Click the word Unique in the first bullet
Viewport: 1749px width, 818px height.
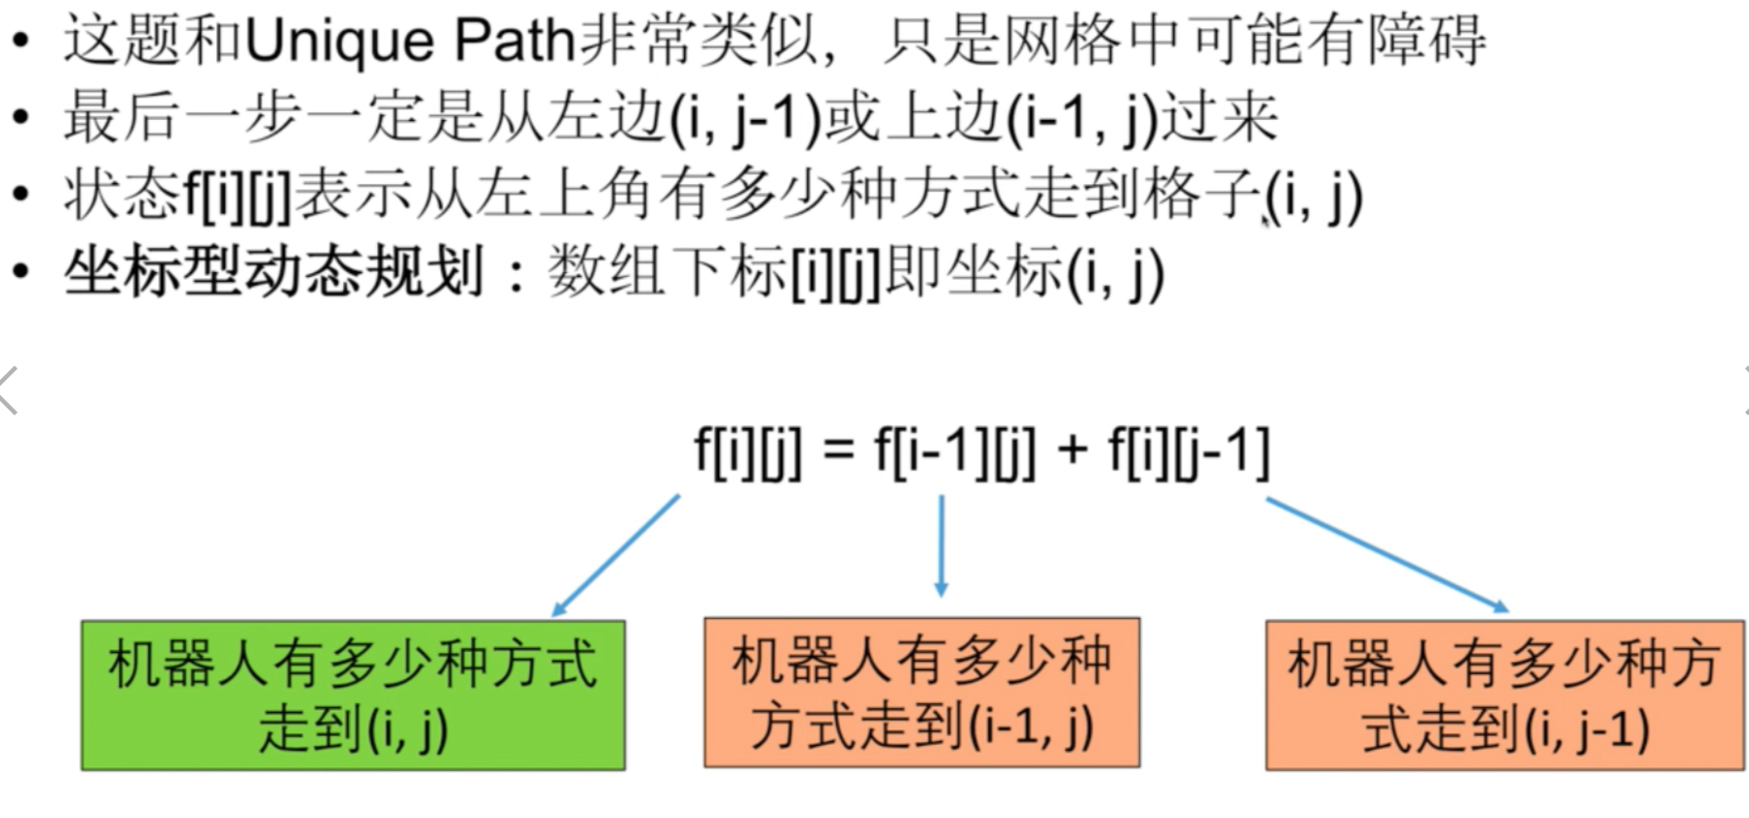[339, 41]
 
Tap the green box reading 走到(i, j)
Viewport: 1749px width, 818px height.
[353, 695]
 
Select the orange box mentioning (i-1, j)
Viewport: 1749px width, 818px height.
[922, 692]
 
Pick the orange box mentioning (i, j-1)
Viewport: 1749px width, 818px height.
[1504, 695]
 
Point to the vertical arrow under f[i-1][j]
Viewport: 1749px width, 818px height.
[940, 546]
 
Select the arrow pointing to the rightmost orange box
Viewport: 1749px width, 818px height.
[1387, 554]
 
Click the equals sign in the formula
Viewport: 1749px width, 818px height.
[838, 451]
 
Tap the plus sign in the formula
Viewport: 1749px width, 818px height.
[1072, 451]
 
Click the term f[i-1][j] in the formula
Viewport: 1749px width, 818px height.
[954, 452]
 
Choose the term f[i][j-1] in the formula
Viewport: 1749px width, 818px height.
[1189, 452]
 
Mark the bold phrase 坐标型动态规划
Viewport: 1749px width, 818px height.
[274, 272]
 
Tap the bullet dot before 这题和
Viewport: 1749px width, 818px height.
[21, 43]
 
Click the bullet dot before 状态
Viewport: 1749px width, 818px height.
[21, 195]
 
